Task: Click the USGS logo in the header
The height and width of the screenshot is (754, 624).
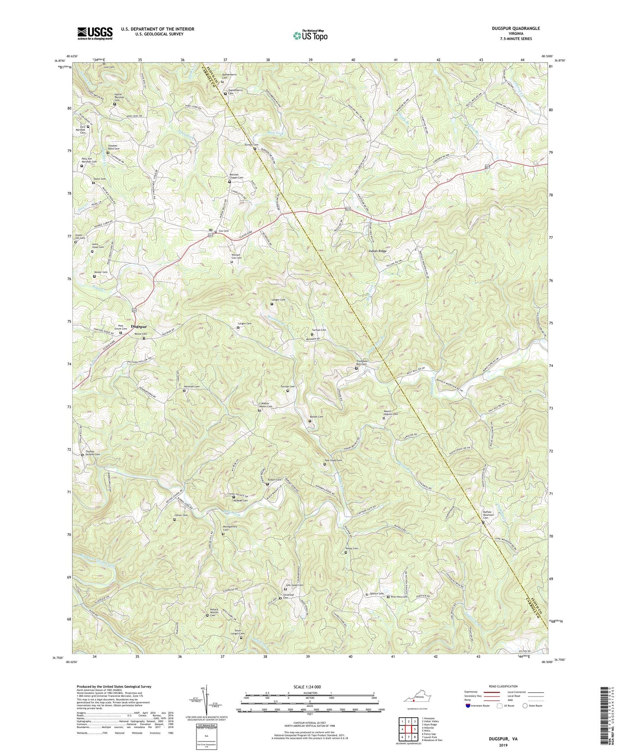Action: pos(95,33)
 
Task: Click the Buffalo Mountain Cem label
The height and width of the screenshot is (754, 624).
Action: pos(488,515)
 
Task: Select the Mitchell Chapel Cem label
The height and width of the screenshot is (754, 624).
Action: pos(236,176)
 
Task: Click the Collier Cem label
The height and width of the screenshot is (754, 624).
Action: pos(181,515)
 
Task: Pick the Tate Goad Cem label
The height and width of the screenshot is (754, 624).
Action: pos(333,460)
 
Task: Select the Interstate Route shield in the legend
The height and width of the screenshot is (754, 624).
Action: pos(469,706)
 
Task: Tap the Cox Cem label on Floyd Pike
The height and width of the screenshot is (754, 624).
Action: pos(223,231)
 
